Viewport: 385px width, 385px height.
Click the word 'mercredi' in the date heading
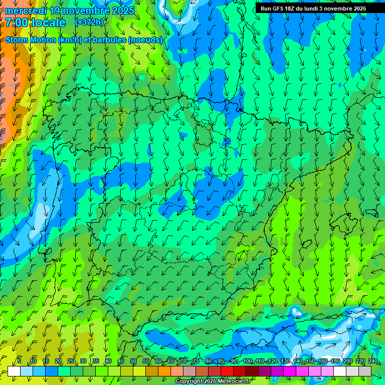(x=25, y=10)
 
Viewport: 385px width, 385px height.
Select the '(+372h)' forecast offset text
(x=89, y=23)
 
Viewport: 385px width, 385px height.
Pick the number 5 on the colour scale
(x=19, y=361)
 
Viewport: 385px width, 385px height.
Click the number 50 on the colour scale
(x=133, y=361)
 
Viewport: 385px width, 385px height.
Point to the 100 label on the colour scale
(x=248, y=361)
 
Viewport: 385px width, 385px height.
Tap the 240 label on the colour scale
(x=373, y=361)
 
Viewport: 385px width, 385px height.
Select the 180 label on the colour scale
(x=335, y=361)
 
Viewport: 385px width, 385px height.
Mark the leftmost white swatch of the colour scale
(x=14, y=371)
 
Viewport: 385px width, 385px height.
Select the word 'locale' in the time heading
(x=49, y=23)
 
